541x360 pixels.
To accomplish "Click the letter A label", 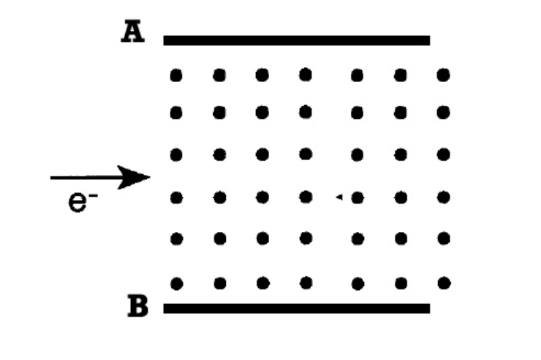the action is click(132, 33).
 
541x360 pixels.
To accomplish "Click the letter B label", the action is click(137, 307).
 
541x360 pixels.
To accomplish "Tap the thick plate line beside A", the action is click(296, 40).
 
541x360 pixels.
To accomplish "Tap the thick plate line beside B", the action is click(296, 308).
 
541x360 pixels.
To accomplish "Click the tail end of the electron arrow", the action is click(53, 176).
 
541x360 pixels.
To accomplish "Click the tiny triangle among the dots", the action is click(339, 196).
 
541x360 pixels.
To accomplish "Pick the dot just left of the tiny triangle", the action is click(306, 195).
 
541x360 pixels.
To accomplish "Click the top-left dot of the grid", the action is click(176, 74).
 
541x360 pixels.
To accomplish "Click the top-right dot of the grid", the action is click(443, 74).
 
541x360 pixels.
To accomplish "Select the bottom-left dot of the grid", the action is click(176, 282).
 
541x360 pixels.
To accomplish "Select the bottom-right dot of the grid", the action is click(443, 282).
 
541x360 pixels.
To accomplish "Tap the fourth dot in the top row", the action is click(306, 74).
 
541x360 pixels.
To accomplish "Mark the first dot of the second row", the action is click(176, 112).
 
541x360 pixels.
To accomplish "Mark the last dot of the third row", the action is click(443, 154).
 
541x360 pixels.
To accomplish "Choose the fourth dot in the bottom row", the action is click(306, 282).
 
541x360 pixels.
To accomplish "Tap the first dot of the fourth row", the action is click(176, 195).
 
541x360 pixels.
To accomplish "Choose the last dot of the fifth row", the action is click(443, 238).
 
